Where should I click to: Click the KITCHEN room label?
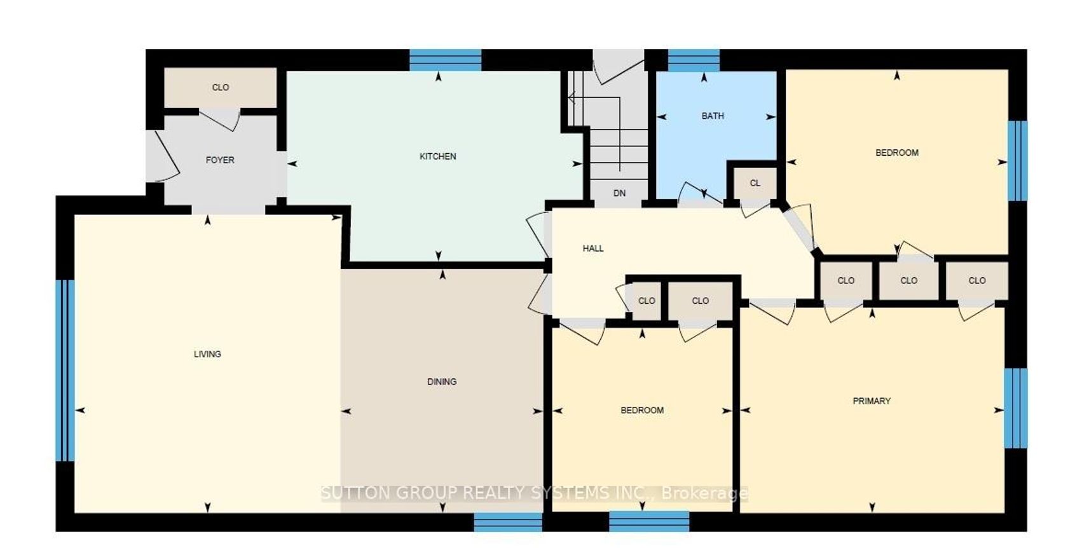click(x=437, y=156)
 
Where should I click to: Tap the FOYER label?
click(x=220, y=160)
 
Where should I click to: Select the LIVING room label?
click(x=207, y=354)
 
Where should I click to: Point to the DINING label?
click(x=442, y=381)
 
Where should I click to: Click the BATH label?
click(x=713, y=116)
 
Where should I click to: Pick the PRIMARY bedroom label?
click(x=872, y=401)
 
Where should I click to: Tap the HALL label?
click(x=593, y=249)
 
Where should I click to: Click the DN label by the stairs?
click(x=619, y=193)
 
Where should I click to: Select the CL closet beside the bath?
click(x=755, y=183)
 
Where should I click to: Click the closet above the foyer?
click(x=220, y=88)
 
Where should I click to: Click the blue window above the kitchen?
click(x=445, y=60)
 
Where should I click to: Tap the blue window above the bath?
click(x=694, y=60)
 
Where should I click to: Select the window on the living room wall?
click(x=65, y=371)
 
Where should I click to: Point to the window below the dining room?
click(x=509, y=522)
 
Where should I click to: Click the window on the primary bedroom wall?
click(x=1016, y=408)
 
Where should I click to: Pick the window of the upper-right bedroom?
click(x=1017, y=161)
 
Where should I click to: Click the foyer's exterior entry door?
click(x=163, y=156)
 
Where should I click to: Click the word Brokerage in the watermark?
click(x=704, y=493)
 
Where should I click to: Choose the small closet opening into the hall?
click(x=647, y=301)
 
